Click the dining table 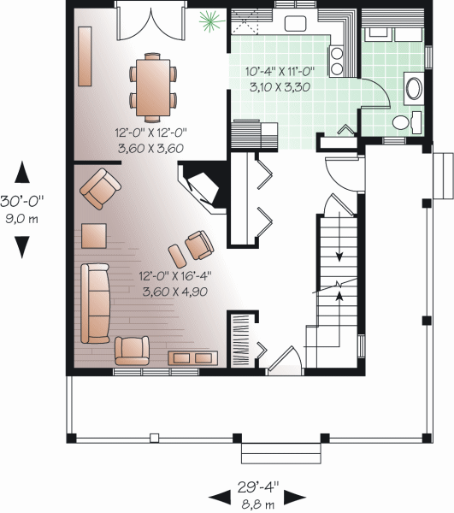click(x=153, y=87)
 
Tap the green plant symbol click(x=211, y=21)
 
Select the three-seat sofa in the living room click(x=95, y=304)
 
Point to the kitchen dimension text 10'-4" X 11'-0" click(x=280, y=71)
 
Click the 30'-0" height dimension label click(x=22, y=201)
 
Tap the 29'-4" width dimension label click(x=258, y=487)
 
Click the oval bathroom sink click(x=414, y=88)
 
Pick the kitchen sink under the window click(x=295, y=24)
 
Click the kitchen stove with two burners click(x=337, y=61)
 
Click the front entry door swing click(x=286, y=360)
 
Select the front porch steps click(x=281, y=453)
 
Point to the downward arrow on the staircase click(x=339, y=237)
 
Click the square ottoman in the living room click(x=94, y=236)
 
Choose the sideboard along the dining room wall click(x=85, y=56)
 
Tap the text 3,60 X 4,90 click(x=175, y=292)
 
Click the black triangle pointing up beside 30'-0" click(x=22, y=172)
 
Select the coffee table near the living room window click(x=192, y=358)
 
